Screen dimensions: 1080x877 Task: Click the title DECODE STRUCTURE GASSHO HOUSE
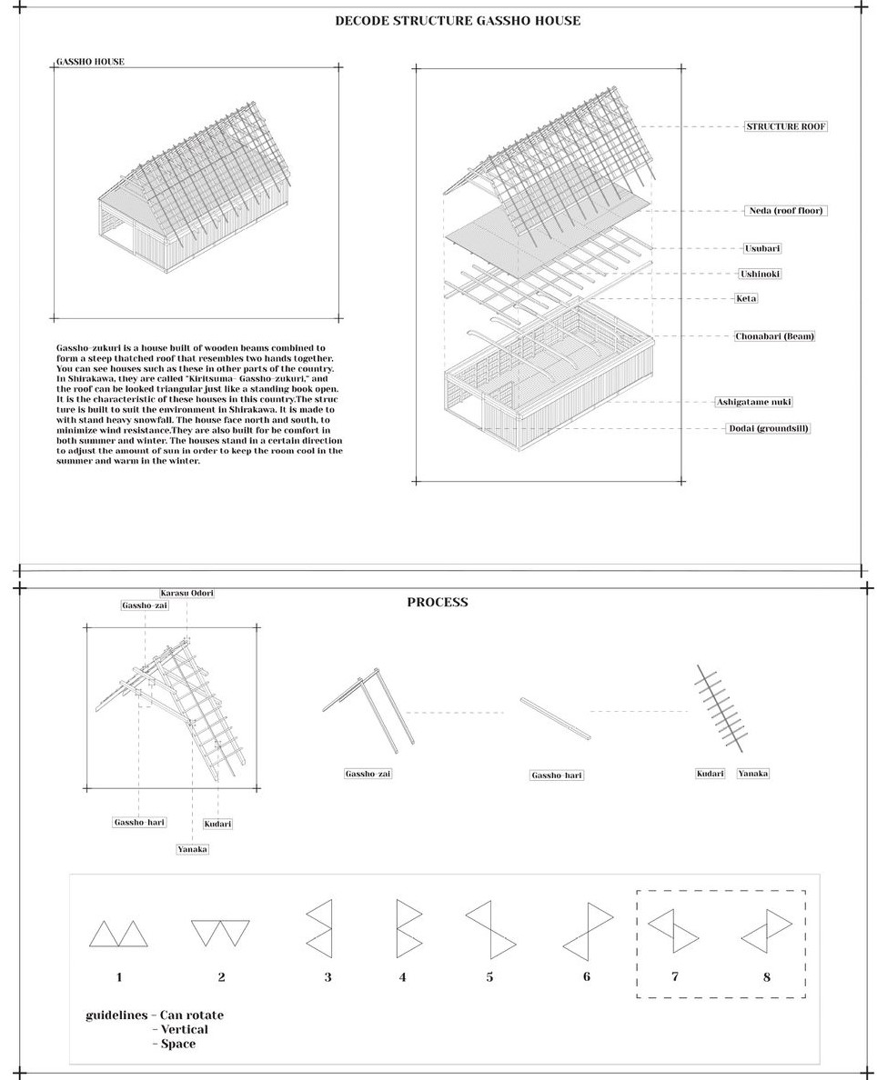458,21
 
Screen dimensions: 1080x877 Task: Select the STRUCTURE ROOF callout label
786,126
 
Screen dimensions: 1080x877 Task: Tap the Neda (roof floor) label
786,211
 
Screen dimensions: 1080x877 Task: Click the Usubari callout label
761,248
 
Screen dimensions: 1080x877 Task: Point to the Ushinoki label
760,274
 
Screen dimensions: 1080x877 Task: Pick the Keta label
746,298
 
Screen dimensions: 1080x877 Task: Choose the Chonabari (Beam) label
774,336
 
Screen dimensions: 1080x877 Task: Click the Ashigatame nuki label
753,402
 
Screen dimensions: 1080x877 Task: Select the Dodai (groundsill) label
768,428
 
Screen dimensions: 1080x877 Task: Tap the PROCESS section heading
438,602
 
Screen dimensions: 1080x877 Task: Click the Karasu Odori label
186,594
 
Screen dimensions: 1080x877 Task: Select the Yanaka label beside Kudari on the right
752,774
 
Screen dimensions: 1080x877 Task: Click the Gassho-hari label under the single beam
556,775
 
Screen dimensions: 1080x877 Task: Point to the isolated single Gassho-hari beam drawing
555,718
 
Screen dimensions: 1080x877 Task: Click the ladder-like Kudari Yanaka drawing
721,709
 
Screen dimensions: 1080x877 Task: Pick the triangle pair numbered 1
118,934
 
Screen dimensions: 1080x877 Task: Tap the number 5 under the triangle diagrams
489,977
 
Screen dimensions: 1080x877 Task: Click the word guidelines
116,1015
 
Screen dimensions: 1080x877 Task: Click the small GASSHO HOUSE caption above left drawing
90,62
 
